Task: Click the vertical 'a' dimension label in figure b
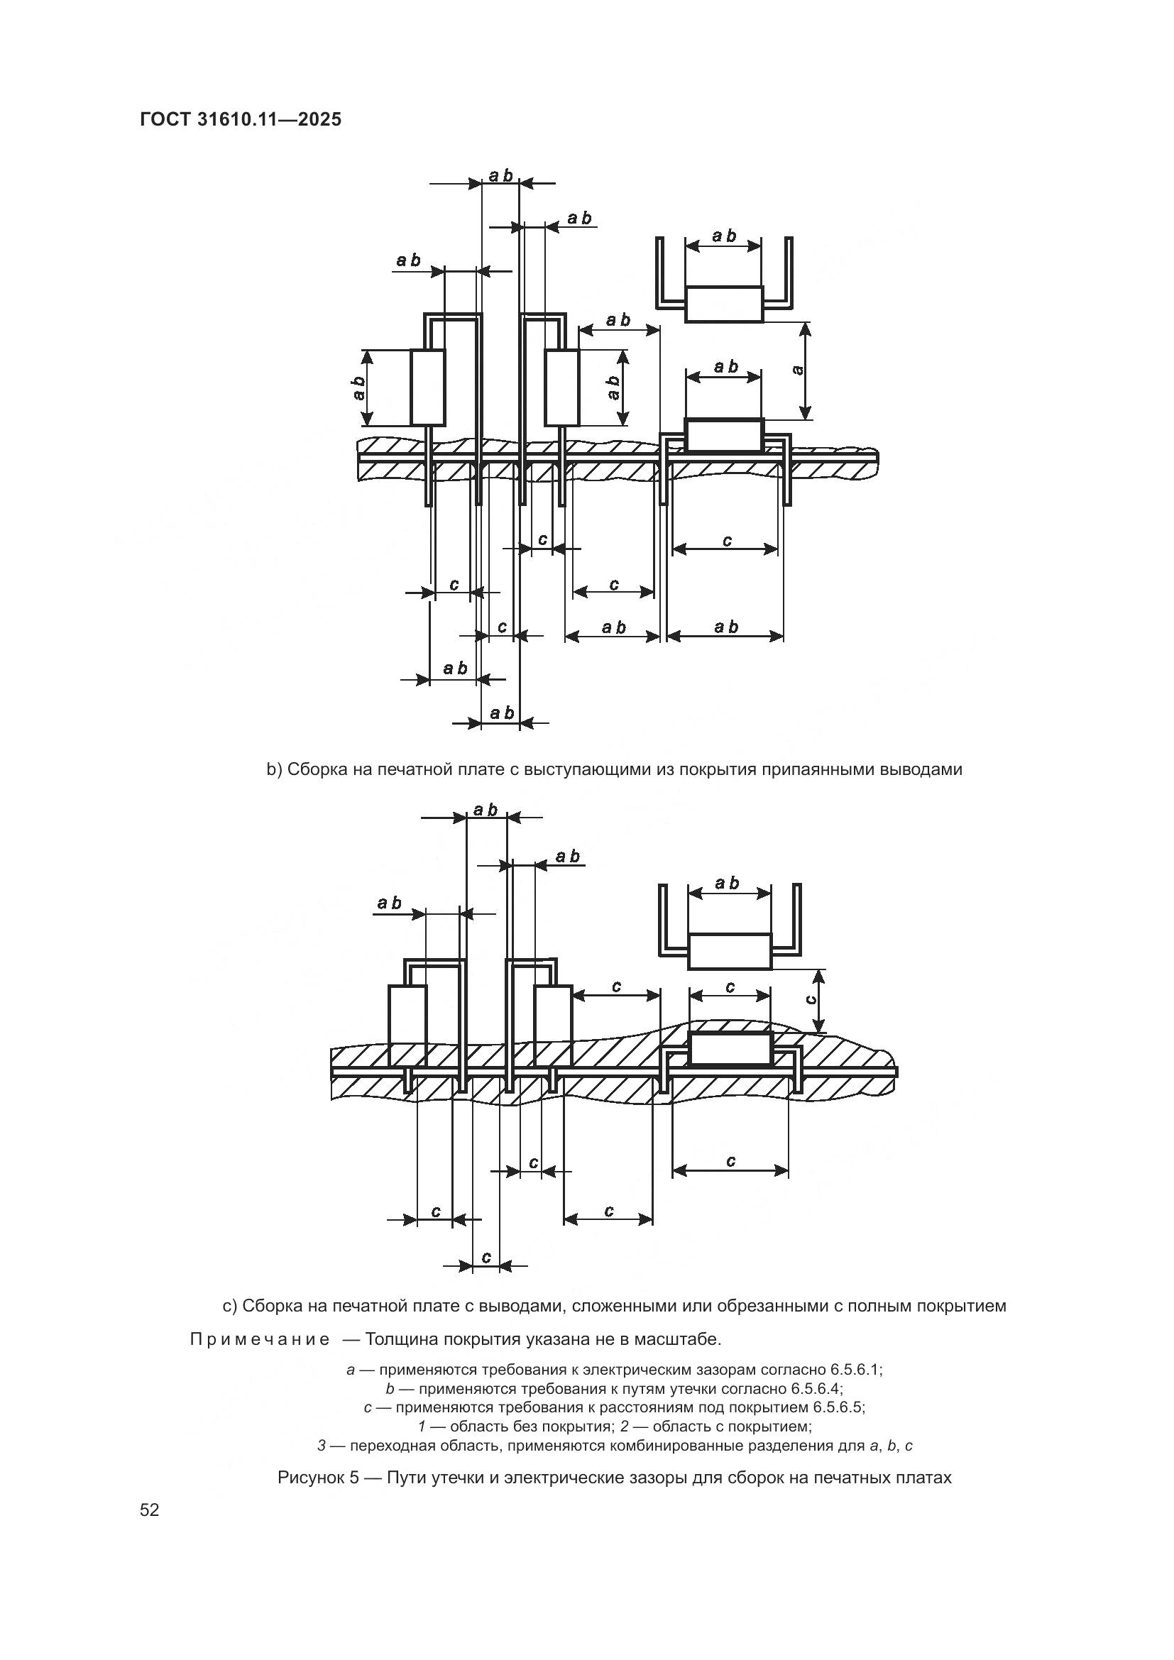pyautogui.click(x=798, y=370)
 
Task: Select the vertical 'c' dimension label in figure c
pyautogui.click(x=811, y=999)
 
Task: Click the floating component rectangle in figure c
pyautogui.click(x=730, y=951)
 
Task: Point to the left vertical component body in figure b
pyautogui.click(x=427, y=387)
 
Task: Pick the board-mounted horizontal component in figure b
pyautogui.click(x=723, y=434)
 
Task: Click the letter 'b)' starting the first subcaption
pyautogui.click(x=274, y=769)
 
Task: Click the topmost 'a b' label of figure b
pyautogui.click(x=500, y=176)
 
